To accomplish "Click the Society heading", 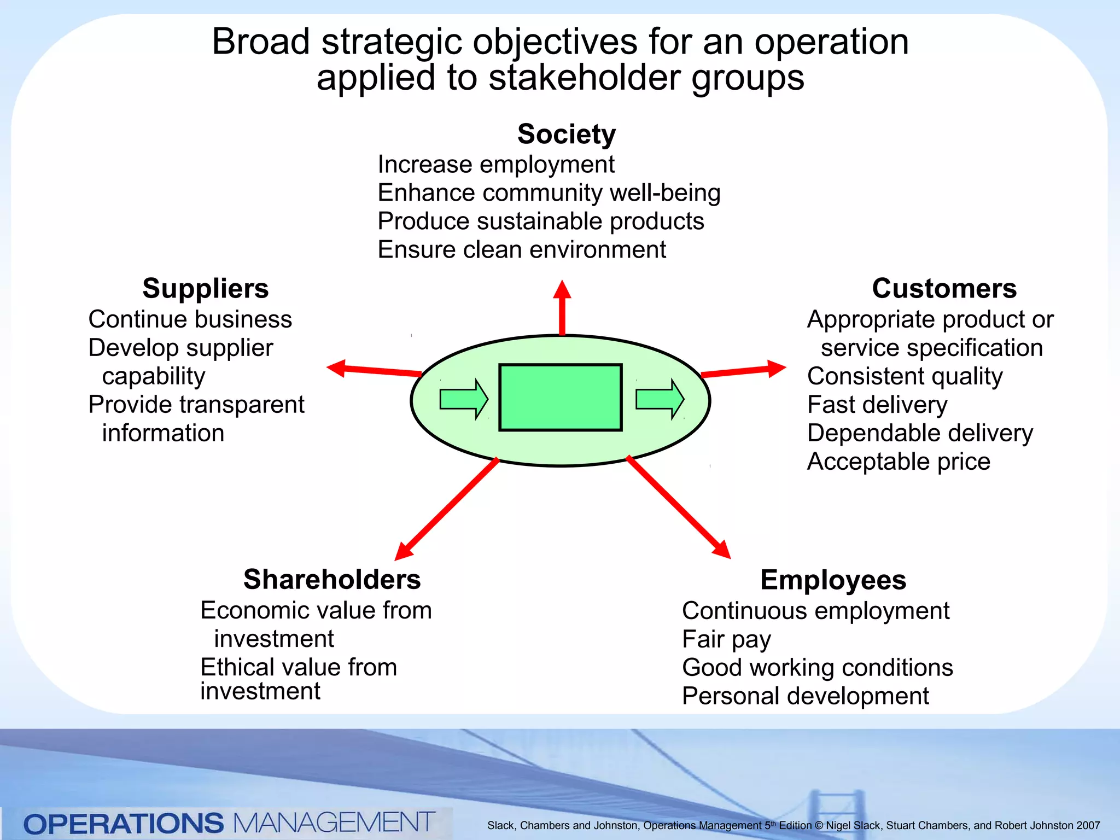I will [x=566, y=135].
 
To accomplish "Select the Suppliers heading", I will [x=205, y=289].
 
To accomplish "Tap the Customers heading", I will [x=944, y=289].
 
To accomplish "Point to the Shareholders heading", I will [x=332, y=580].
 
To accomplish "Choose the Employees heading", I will [x=833, y=580].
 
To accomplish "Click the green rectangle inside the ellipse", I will [x=560, y=398].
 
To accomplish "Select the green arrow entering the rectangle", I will [x=464, y=399].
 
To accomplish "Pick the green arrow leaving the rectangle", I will [x=660, y=399].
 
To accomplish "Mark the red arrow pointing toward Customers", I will [x=744, y=370].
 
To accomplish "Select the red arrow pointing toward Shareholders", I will [x=446, y=509].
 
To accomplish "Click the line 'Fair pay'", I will [x=726, y=639].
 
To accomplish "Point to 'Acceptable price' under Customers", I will [x=899, y=462].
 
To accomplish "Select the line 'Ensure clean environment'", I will [x=522, y=250].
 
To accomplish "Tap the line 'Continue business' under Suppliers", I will [x=190, y=319].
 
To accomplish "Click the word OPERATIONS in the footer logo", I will [x=124, y=824].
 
